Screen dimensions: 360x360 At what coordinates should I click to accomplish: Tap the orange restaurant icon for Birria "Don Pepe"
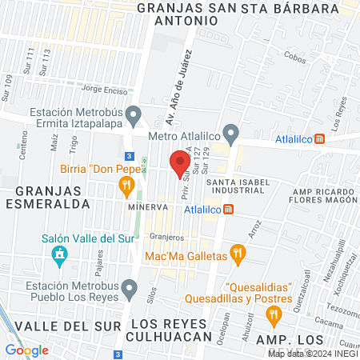click(x=126, y=187)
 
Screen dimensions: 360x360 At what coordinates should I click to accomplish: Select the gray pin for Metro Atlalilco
click(x=231, y=132)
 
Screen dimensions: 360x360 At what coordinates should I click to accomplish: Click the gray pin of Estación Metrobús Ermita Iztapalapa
click(x=134, y=114)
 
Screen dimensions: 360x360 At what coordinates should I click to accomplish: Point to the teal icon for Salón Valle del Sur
click(x=58, y=256)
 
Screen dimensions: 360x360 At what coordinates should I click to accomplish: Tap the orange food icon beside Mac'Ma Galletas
click(x=237, y=255)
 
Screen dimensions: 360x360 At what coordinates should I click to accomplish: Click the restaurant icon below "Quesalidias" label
click(x=274, y=317)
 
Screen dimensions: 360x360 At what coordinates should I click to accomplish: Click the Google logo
click(x=26, y=350)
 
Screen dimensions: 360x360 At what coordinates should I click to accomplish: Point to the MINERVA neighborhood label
click(x=146, y=206)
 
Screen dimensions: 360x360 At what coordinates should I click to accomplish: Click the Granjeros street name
click(x=166, y=237)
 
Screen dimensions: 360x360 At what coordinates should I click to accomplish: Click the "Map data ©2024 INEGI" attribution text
click(x=313, y=353)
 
